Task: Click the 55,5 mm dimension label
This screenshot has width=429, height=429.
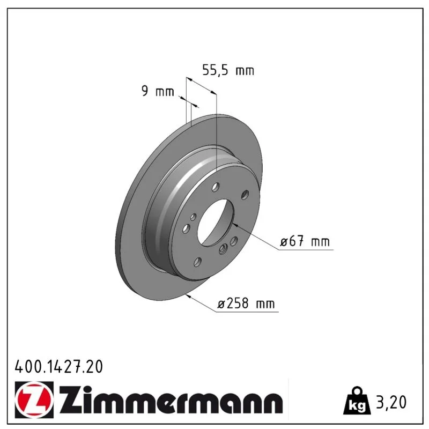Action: pyautogui.click(x=228, y=70)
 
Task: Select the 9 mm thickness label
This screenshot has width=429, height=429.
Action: pyautogui.click(x=158, y=91)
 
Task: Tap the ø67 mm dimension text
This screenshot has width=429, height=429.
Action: pyautogui.click(x=305, y=242)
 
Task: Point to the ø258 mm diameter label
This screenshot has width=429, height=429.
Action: pyautogui.click(x=246, y=304)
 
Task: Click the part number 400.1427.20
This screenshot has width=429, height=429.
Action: pyautogui.click(x=58, y=367)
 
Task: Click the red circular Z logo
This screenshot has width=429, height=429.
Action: pyautogui.click(x=34, y=400)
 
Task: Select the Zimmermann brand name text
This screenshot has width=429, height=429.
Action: pyautogui.click(x=171, y=400)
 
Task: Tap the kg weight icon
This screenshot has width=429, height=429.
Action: pyautogui.click(x=357, y=401)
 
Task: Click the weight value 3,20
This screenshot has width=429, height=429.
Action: pyautogui.click(x=391, y=402)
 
